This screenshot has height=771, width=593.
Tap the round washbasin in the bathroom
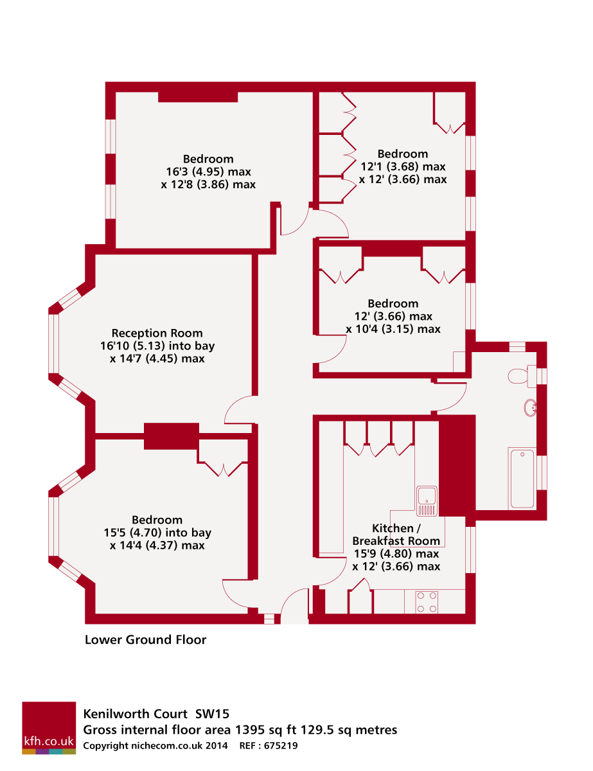coord(531,408)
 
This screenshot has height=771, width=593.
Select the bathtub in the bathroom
coord(521,479)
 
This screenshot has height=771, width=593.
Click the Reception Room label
coord(157,333)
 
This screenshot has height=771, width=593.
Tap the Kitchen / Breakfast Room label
coord(396,535)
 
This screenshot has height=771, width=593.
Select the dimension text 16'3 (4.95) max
coord(208,172)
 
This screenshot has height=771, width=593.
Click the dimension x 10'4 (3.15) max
coord(393,329)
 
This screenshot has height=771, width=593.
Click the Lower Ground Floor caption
coord(146,639)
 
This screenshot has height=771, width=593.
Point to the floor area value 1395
coord(249,730)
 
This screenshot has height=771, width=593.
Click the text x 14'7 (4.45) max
coord(157,359)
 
